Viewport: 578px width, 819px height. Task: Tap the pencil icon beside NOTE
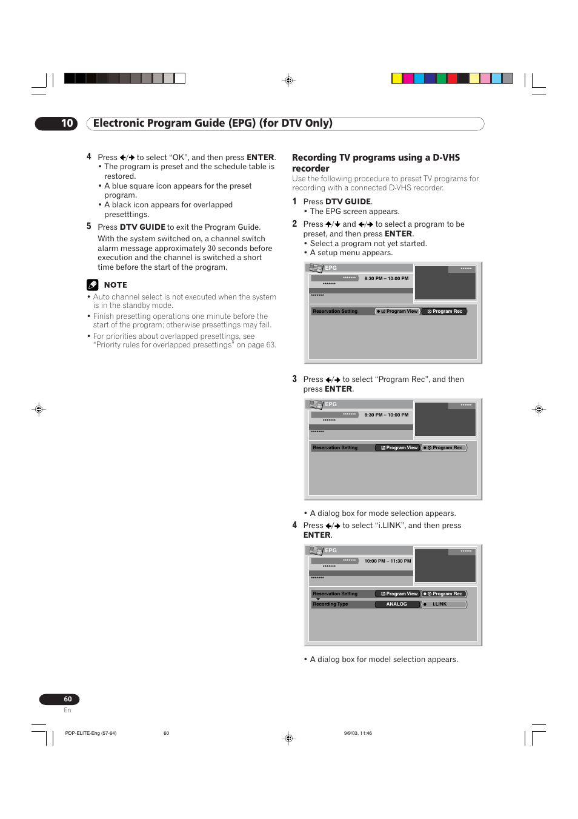92,284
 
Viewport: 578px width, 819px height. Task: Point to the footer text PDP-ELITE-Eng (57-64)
90,733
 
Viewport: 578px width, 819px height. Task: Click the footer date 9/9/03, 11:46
357,733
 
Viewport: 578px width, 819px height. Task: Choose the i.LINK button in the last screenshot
444,604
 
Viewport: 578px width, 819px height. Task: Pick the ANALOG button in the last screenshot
397,604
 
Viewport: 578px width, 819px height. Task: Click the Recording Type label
330,604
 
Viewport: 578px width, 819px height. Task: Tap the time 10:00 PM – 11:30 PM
387,561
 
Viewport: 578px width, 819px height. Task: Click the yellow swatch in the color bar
397,78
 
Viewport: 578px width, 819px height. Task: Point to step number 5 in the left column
88,226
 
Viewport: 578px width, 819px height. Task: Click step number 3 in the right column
294,379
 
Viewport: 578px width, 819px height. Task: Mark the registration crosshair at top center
289,80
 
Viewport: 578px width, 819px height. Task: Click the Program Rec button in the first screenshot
444,312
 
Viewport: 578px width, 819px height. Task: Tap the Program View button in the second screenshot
397,448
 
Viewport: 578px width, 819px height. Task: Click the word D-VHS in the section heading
446,158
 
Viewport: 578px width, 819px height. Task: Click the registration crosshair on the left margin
39,409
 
